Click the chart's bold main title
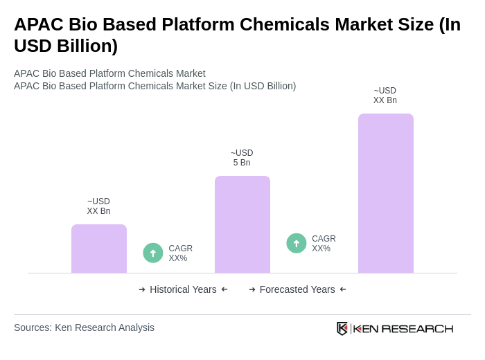(237, 35)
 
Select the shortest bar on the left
(99, 249)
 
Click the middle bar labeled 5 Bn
(242, 224)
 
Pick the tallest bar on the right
(385, 193)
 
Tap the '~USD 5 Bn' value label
(242, 158)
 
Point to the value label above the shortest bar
(98, 206)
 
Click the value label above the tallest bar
(385, 96)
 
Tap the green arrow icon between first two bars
(153, 253)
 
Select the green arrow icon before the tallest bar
(297, 243)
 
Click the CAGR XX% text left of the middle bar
(180, 253)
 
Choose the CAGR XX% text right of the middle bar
(324, 244)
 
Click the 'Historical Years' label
(183, 289)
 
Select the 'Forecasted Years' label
(297, 289)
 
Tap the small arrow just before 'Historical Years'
(142, 289)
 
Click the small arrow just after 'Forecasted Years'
(343, 289)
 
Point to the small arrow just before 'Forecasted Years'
(252, 289)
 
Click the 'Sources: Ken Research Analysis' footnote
(84, 327)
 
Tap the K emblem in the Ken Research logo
(342, 328)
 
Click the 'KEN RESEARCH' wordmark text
(403, 328)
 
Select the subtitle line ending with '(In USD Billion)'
(155, 86)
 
